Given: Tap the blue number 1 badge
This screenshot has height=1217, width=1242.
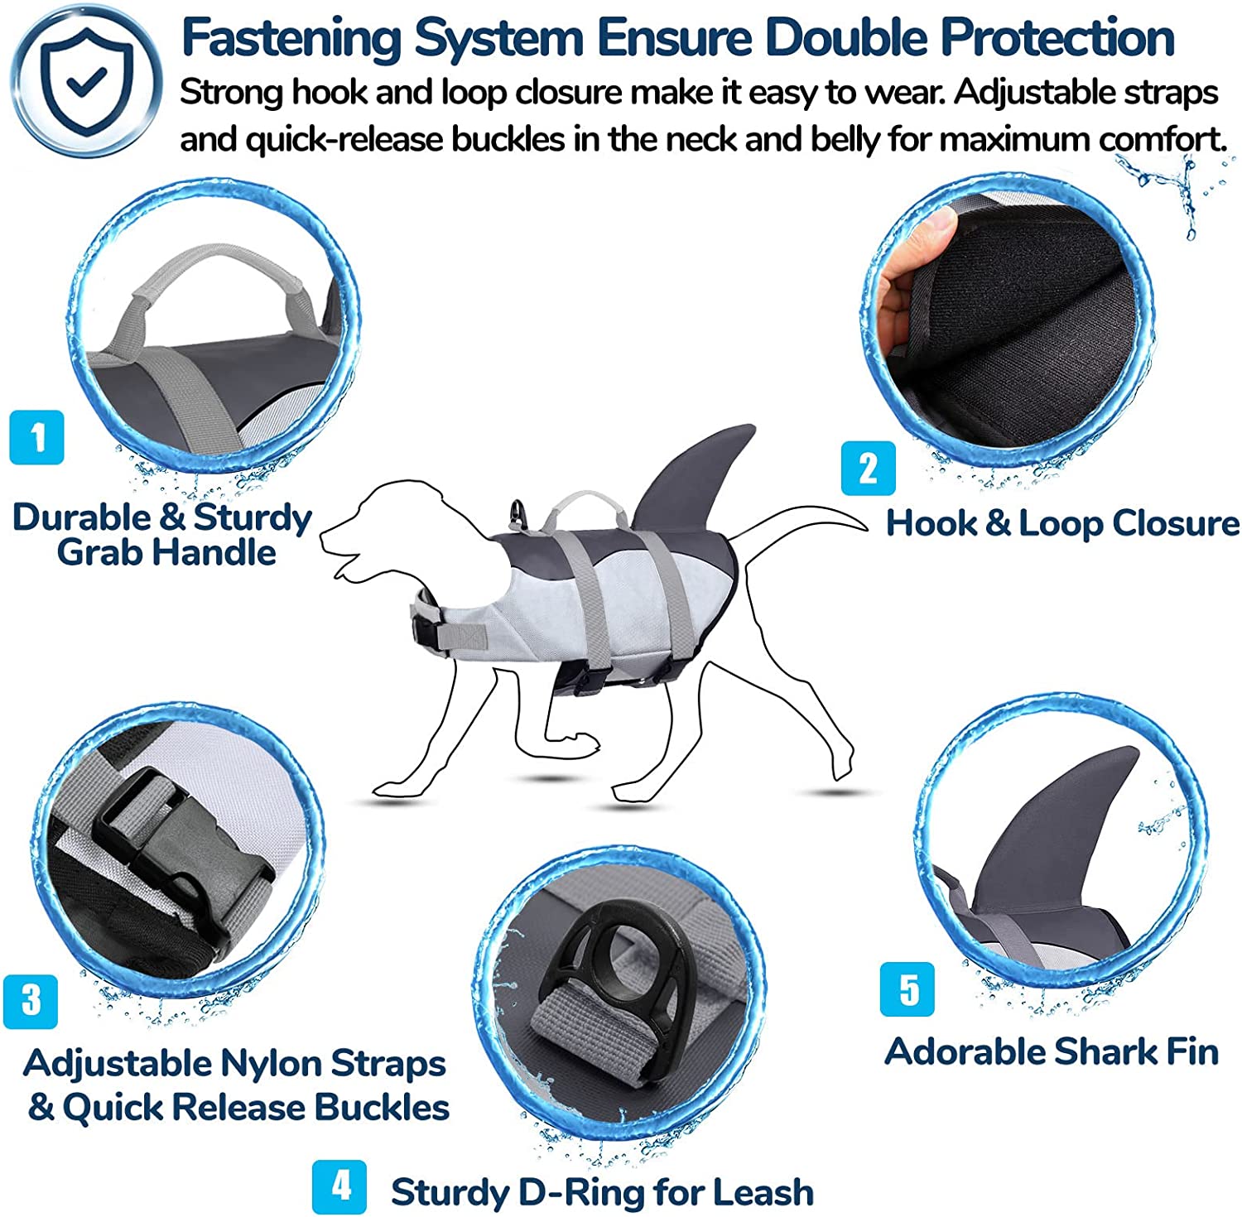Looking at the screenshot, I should (x=36, y=437).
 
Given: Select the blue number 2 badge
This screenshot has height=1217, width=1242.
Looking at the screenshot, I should (x=868, y=469).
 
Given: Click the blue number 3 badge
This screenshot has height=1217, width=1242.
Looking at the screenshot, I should (x=31, y=1000).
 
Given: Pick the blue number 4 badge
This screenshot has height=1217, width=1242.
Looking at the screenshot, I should (x=339, y=1186).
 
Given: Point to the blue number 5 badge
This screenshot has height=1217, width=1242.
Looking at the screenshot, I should (x=908, y=989).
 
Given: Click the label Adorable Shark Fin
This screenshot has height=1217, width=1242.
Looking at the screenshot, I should (x=1052, y=1052).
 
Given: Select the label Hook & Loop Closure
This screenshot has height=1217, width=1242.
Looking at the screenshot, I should (x=1062, y=523).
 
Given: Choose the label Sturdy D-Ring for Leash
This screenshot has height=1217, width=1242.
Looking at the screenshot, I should (x=602, y=1192).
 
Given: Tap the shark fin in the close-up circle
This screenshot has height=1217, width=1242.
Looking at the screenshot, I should (x=1052, y=836).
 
